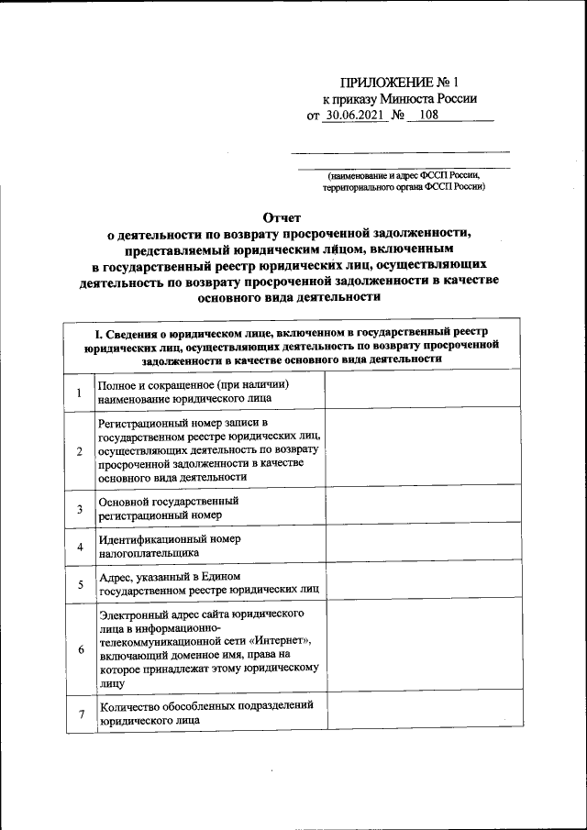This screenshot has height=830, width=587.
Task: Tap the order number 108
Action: click(x=429, y=116)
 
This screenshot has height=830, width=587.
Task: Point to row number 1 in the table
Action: click(x=80, y=393)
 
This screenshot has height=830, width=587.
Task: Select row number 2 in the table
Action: click(x=80, y=450)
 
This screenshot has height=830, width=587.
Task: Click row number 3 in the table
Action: click(x=80, y=509)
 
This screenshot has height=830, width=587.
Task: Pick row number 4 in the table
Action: click(x=80, y=548)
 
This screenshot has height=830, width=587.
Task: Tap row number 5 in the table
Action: click(x=80, y=583)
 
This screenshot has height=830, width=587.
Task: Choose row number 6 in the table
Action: click(x=80, y=649)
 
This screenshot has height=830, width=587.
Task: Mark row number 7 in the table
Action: click(x=80, y=714)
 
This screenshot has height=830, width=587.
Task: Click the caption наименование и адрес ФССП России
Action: click(x=404, y=173)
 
